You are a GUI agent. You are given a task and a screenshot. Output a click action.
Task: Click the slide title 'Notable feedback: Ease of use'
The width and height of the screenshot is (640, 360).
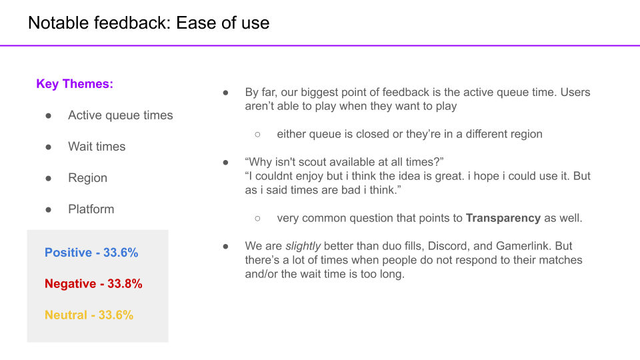(x=149, y=23)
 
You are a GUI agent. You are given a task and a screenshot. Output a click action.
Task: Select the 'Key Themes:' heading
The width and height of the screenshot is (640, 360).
(x=75, y=84)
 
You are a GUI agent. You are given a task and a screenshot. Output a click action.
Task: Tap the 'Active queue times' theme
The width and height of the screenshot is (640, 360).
(x=121, y=115)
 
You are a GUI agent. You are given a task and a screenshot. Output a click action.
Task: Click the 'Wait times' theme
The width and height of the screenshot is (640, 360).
(x=97, y=147)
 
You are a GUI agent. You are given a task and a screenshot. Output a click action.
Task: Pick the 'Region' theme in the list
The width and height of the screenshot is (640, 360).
(x=88, y=178)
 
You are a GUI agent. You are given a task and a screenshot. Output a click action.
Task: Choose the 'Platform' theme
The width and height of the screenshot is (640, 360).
(x=91, y=209)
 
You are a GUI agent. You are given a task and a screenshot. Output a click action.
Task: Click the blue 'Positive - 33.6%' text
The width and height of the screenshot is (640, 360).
(x=91, y=253)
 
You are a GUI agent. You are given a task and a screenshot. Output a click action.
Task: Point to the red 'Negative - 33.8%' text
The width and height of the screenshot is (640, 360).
(x=93, y=284)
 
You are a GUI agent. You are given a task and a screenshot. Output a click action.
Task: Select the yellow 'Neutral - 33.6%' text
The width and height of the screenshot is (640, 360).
(x=89, y=315)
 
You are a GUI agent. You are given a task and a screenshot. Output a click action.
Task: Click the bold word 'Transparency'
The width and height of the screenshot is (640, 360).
(x=503, y=218)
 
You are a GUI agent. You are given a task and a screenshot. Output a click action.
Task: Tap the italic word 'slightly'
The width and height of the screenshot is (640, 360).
(x=303, y=246)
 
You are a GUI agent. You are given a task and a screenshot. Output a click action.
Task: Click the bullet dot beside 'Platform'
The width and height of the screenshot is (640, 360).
(x=49, y=210)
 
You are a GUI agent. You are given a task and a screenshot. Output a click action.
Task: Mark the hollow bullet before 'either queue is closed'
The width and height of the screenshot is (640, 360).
(x=257, y=134)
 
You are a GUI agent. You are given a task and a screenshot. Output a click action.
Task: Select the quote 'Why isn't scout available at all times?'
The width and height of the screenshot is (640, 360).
(x=344, y=162)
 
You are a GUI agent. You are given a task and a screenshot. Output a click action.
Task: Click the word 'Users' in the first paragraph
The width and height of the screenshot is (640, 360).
(x=575, y=92)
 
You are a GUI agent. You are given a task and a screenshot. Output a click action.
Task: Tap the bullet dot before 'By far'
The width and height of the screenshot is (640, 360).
(x=226, y=93)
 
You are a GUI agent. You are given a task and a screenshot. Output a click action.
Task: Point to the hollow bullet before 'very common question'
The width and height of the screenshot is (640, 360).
(x=257, y=219)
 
